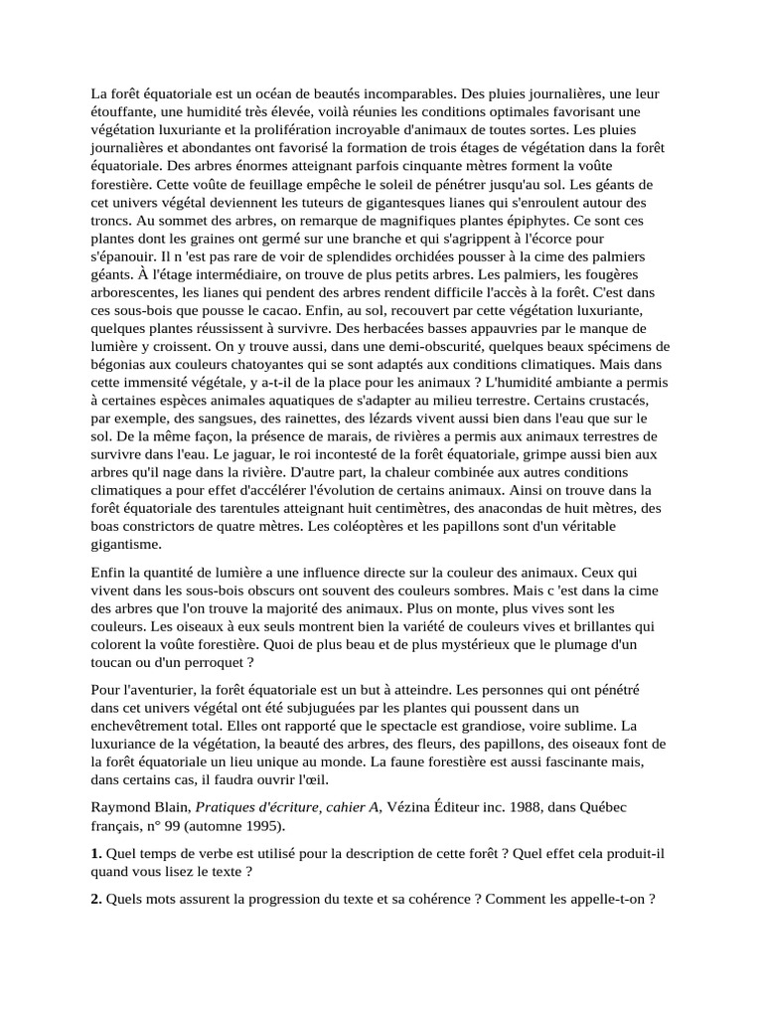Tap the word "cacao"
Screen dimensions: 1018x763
click(267, 310)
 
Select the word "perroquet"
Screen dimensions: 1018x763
click(217, 661)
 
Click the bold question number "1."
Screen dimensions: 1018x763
click(96, 853)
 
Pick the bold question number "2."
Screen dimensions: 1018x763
click(96, 898)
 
